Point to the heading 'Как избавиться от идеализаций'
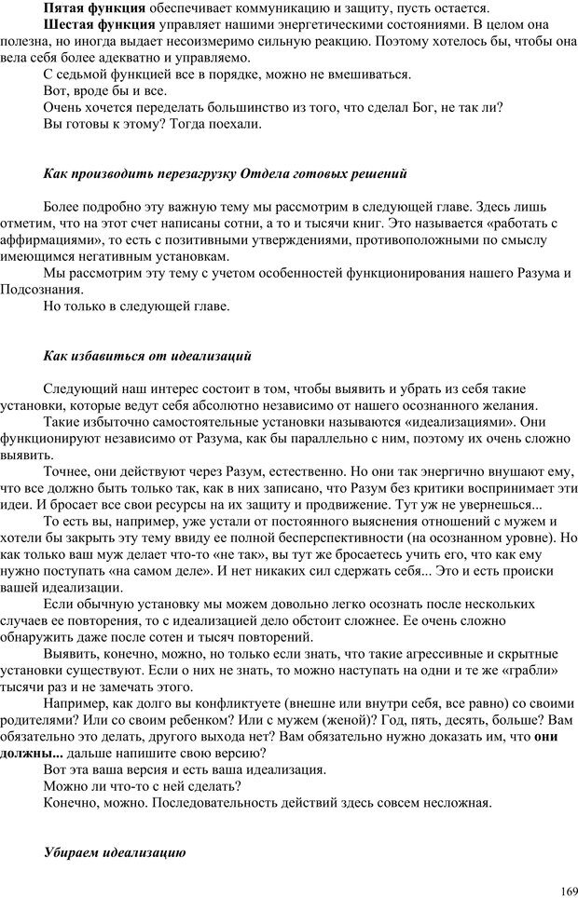point(147,356)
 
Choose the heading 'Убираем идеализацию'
point(116,851)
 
